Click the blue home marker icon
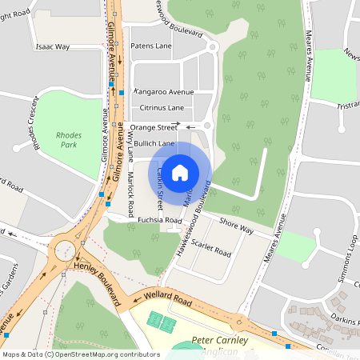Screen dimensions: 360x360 click(180, 172)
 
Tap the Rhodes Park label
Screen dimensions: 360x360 click(69, 142)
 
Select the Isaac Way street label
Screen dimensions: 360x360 click(53, 47)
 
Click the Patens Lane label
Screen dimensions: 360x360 click(151, 46)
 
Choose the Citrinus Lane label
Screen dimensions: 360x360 click(162, 107)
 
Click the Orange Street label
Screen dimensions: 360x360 click(154, 127)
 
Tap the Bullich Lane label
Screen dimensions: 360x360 click(154, 143)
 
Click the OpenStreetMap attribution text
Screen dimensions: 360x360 click(81, 354)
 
